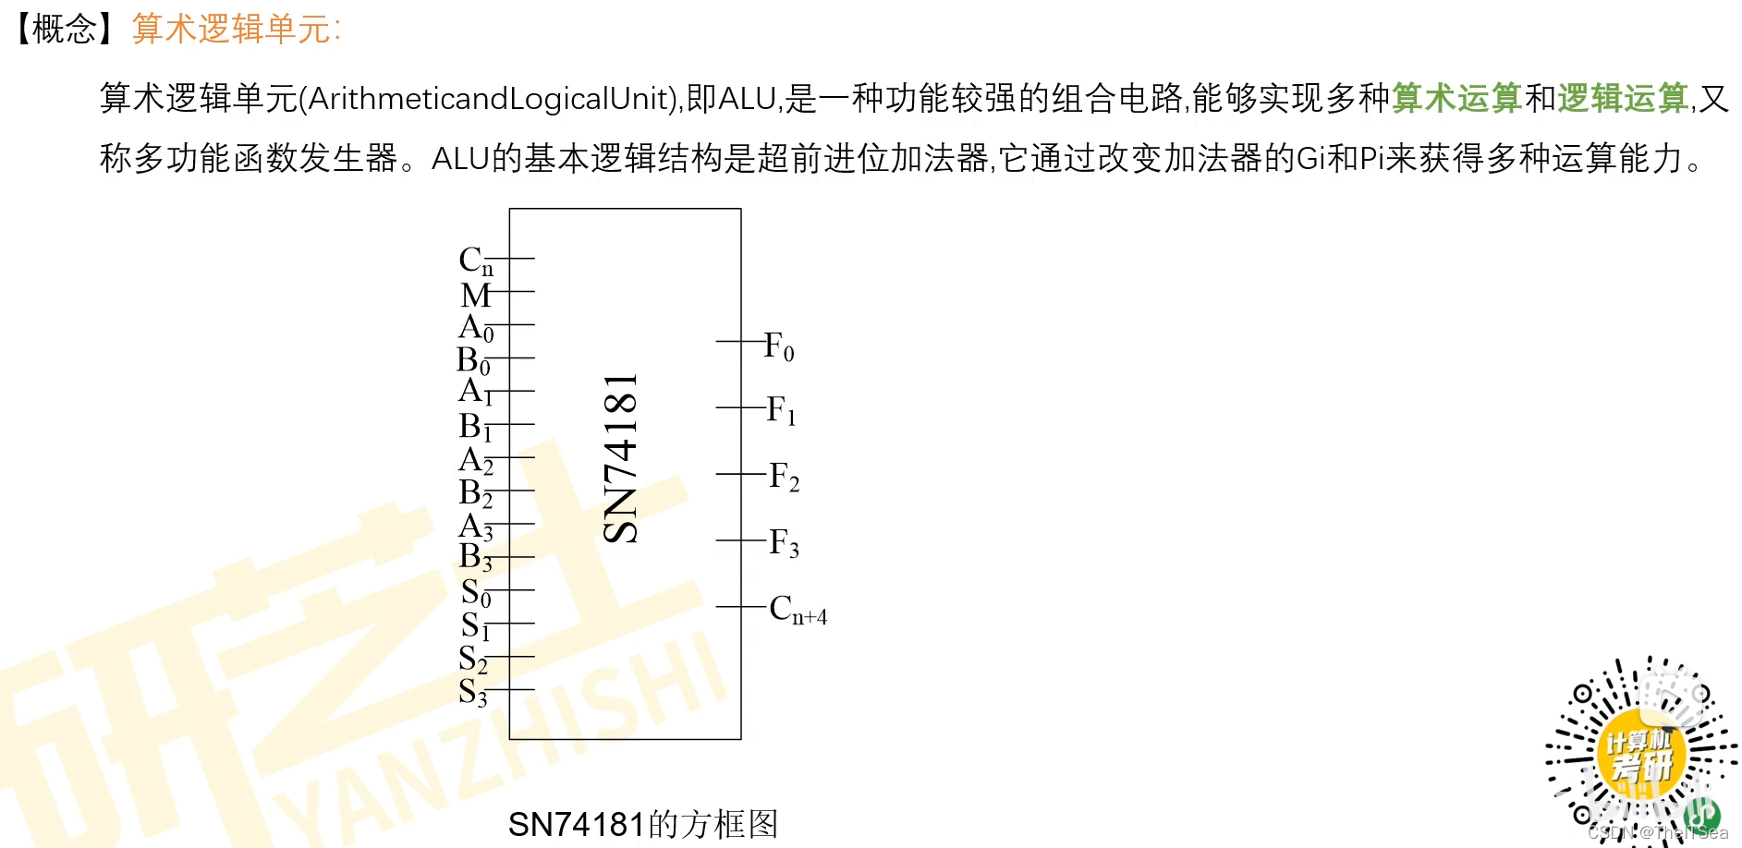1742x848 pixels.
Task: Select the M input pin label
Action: click(475, 295)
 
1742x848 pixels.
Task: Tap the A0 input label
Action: click(476, 328)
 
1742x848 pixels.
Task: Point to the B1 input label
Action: click(475, 427)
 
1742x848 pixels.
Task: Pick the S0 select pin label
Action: click(476, 592)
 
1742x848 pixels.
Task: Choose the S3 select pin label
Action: click(473, 692)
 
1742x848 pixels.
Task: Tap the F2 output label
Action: click(784, 477)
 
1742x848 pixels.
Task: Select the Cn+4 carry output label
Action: click(798, 610)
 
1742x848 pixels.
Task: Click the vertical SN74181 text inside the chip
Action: click(620, 459)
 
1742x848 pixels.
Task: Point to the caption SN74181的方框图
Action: click(643, 824)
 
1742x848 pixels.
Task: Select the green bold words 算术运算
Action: click(1456, 98)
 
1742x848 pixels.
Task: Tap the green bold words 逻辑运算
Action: click(1623, 98)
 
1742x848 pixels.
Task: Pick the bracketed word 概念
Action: click(65, 30)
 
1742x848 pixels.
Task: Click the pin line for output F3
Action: click(740, 540)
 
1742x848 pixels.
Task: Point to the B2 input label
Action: click(475, 493)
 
